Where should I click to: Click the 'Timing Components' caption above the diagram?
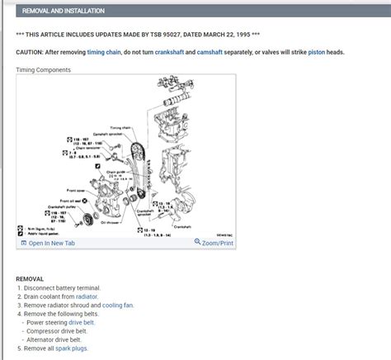43,70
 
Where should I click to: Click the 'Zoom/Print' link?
214,243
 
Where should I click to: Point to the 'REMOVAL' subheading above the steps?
30,279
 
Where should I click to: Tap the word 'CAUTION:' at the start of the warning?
31,52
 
